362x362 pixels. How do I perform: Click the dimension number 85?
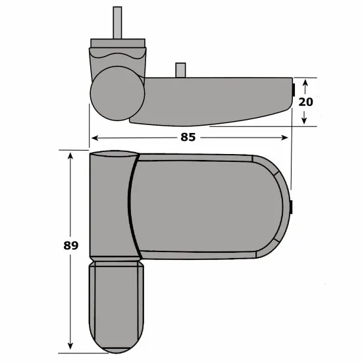point(188,138)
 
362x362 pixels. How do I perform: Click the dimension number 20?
point(305,102)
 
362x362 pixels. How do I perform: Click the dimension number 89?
point(72,246)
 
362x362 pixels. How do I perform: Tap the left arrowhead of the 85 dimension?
point(93,138)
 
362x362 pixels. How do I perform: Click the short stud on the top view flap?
point(178,70)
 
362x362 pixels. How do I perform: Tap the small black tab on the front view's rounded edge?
point(291,207)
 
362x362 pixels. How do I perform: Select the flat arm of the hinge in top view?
point(217,99)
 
